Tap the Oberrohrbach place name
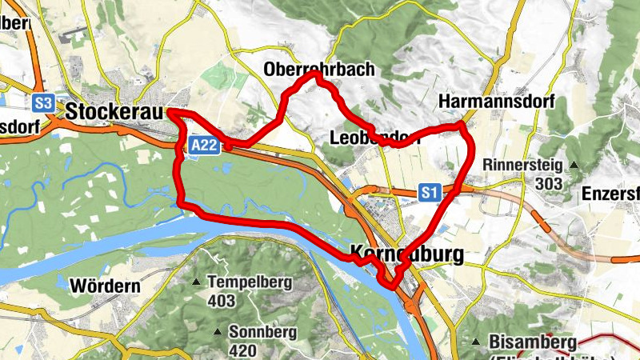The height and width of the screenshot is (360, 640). point(318,70)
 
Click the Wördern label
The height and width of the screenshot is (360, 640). point(106,285)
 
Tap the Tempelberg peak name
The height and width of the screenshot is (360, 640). point(250,282)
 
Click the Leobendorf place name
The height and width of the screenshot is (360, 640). point(374,138)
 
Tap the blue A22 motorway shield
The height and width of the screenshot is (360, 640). point(204,145)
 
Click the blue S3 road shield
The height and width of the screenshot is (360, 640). point(43,103)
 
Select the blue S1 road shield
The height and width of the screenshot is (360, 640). point(430,192)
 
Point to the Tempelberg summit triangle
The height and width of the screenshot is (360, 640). point(197,282)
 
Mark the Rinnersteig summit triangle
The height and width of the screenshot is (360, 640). point(574,166)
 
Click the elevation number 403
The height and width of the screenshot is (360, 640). point(221,302)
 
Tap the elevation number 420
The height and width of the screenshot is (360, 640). point(242,350)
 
